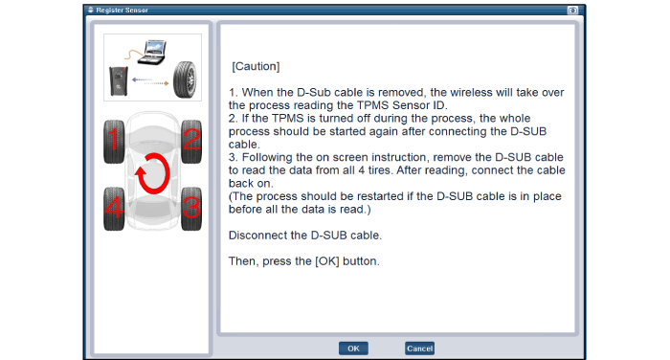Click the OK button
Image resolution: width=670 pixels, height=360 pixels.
353,349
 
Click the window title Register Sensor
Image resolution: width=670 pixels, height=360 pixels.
123,10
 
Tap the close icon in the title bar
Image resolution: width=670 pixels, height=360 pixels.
572,10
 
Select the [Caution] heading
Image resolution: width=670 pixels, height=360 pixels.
256,66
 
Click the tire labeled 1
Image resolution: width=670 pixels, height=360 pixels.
114,142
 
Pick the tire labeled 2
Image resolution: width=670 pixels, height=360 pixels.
191,142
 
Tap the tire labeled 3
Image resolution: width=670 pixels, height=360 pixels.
191,209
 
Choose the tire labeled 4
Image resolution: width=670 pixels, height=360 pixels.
114,209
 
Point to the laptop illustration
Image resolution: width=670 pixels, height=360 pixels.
152,52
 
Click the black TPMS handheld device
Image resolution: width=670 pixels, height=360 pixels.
119,80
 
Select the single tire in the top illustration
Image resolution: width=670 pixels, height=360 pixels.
185,80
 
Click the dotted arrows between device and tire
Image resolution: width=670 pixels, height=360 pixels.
150,81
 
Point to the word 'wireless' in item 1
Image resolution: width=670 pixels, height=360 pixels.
481,92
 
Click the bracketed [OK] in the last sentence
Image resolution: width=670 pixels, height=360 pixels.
327,261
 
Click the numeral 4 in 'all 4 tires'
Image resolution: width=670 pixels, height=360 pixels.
362,170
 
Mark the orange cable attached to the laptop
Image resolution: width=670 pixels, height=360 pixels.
133,54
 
